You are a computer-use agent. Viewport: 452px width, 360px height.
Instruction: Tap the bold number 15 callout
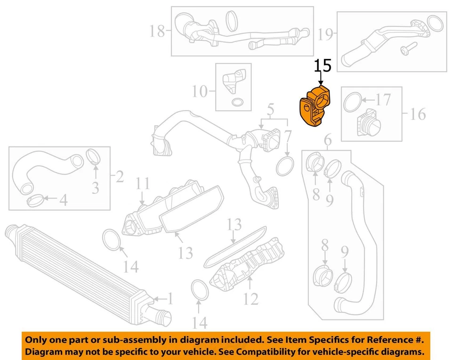(x=323, y=65)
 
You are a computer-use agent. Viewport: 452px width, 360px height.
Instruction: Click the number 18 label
(x=157, y=32)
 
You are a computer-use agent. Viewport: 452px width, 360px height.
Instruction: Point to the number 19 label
(x=325, y=33)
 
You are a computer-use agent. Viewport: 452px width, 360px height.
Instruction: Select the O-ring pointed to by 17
(x=352, y=103)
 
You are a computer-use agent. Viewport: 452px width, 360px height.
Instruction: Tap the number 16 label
(x=417, y=114)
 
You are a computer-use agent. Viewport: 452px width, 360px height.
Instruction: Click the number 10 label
(x=200, y=91)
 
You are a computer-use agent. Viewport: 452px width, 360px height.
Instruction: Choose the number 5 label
(x=270, y=111)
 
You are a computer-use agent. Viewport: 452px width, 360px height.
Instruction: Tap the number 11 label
(x=143, y=184)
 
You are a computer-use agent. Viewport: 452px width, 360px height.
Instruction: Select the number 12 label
(x=251, y=298)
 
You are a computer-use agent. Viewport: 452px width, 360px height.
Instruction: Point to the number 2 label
(x=119, y=177)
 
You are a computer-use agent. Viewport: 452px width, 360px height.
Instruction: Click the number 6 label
(x=328, y=139)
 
